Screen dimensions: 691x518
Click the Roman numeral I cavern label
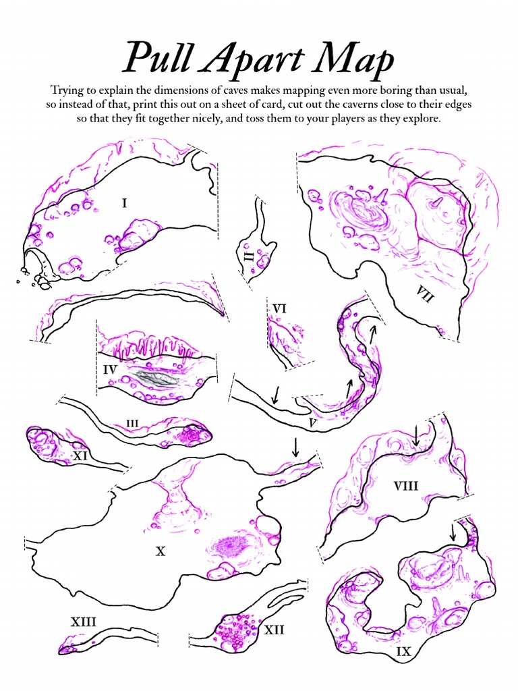pyautogui.click(x=125, y=201)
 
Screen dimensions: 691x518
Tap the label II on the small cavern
pyautogui.click(x=249, y=257)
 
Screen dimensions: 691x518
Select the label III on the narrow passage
pyautogui.click(x=133, y=423)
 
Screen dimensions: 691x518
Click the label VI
pyautogui.click(x=279, y=308)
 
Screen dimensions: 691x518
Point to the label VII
pyautogui.click(x=424, y=295)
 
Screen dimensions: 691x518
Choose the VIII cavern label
pyautogui.click(x=406, y=485)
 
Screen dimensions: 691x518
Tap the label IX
pyautogui.click(x=404, y=652)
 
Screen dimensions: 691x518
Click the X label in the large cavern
pyautogui.click(x=161, y=551)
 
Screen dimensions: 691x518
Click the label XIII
pyautogui.click(x=83, y=621)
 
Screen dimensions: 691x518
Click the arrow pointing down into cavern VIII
pyautogui.click(x=416, y=435)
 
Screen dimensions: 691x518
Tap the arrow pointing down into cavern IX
pyautogui.click(x=453, y=532)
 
